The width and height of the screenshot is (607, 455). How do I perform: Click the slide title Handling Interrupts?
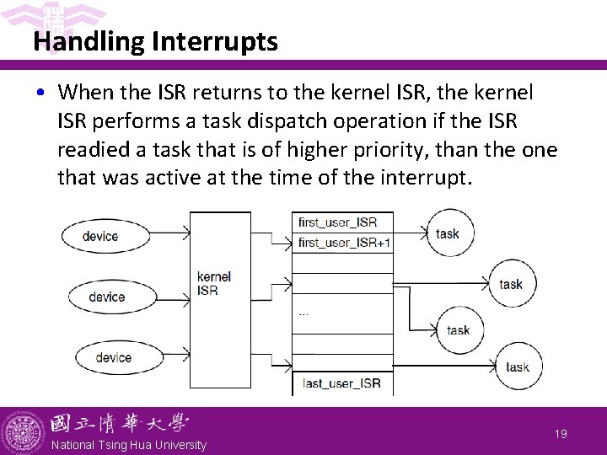pyautogui.click(x=155, y=41)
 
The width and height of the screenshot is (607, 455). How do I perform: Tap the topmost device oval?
pyautogui.click(x=100, y=236)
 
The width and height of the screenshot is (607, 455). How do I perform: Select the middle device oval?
pyautogui.click(x=106, y=297)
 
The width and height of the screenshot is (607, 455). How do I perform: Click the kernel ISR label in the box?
pyautogui.click(x=213, y=283)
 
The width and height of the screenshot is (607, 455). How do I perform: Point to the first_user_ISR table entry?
pyautogui.click(x=337, y=222)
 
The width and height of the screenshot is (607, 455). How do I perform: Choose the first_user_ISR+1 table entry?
pyautogui.click(x=344, y=243)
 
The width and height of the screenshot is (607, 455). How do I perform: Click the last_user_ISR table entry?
pyautogui.click(x=341, y=383)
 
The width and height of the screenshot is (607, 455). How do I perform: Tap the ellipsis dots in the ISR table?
pyautogui.click(x=303, y=313)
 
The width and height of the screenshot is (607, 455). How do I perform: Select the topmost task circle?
pyautogui.click(x=448, y=233)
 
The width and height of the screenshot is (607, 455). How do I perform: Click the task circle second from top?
pyautogui.click(x=511, y=284)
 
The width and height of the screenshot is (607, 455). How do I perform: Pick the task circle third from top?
pyautogui.click(x=459, y=330)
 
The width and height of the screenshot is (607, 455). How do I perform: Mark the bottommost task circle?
pyautogui.click(x=517, y=367)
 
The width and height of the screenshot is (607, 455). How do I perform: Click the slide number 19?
pyautogui.click(x=561, y=433)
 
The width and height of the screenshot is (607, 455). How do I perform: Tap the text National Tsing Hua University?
pyautogui.click(x=128, y=445)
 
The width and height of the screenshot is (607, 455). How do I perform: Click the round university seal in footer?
pyautogui.click(x=23, y=432)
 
